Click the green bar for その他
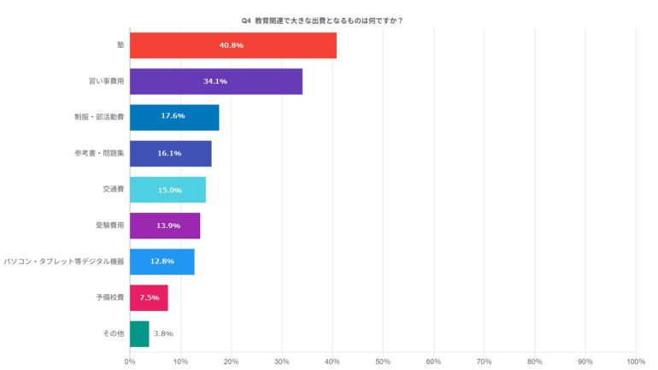click(139, 333)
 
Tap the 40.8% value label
click(232, 45)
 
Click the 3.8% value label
click(163, 333)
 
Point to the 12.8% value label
click(162, 261)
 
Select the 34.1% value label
click(215, 81)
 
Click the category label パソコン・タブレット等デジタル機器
click(64, 261)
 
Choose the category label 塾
click(120, 45)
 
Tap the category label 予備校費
click(109, 297)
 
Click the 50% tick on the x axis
click(383, 361)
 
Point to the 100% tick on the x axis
click(635, 361)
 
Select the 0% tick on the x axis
click(130, 361)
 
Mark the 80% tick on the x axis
click(535, 361)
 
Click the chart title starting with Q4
click(329, 21)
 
